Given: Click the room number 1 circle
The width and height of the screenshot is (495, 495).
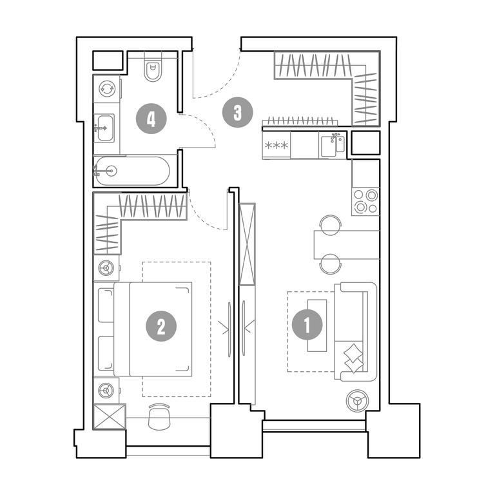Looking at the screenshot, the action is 307,325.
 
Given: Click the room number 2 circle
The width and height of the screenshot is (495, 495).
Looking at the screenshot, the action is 161,326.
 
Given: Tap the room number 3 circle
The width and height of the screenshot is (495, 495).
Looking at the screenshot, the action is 238,112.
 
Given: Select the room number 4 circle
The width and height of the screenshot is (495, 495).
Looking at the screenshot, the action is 151,119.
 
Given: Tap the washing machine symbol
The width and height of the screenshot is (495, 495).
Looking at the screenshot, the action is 107,89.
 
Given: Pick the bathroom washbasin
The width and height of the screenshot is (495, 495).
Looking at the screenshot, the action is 104,128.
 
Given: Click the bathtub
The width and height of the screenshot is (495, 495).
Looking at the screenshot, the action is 133,171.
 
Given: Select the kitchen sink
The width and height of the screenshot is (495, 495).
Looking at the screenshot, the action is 333,145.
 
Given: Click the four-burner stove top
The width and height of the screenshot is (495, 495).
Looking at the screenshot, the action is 365,202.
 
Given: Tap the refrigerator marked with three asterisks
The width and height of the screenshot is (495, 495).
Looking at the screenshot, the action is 277,145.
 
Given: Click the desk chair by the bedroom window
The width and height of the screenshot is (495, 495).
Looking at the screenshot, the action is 159,416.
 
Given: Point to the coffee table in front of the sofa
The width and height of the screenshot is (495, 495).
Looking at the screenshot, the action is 317,325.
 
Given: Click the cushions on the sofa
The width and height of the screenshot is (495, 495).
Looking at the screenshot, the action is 353,358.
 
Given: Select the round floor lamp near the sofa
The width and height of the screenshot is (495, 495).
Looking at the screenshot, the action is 357,401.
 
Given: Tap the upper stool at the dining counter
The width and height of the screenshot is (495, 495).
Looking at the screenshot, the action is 330,224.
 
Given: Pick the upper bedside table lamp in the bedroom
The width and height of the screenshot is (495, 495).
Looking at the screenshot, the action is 106,268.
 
